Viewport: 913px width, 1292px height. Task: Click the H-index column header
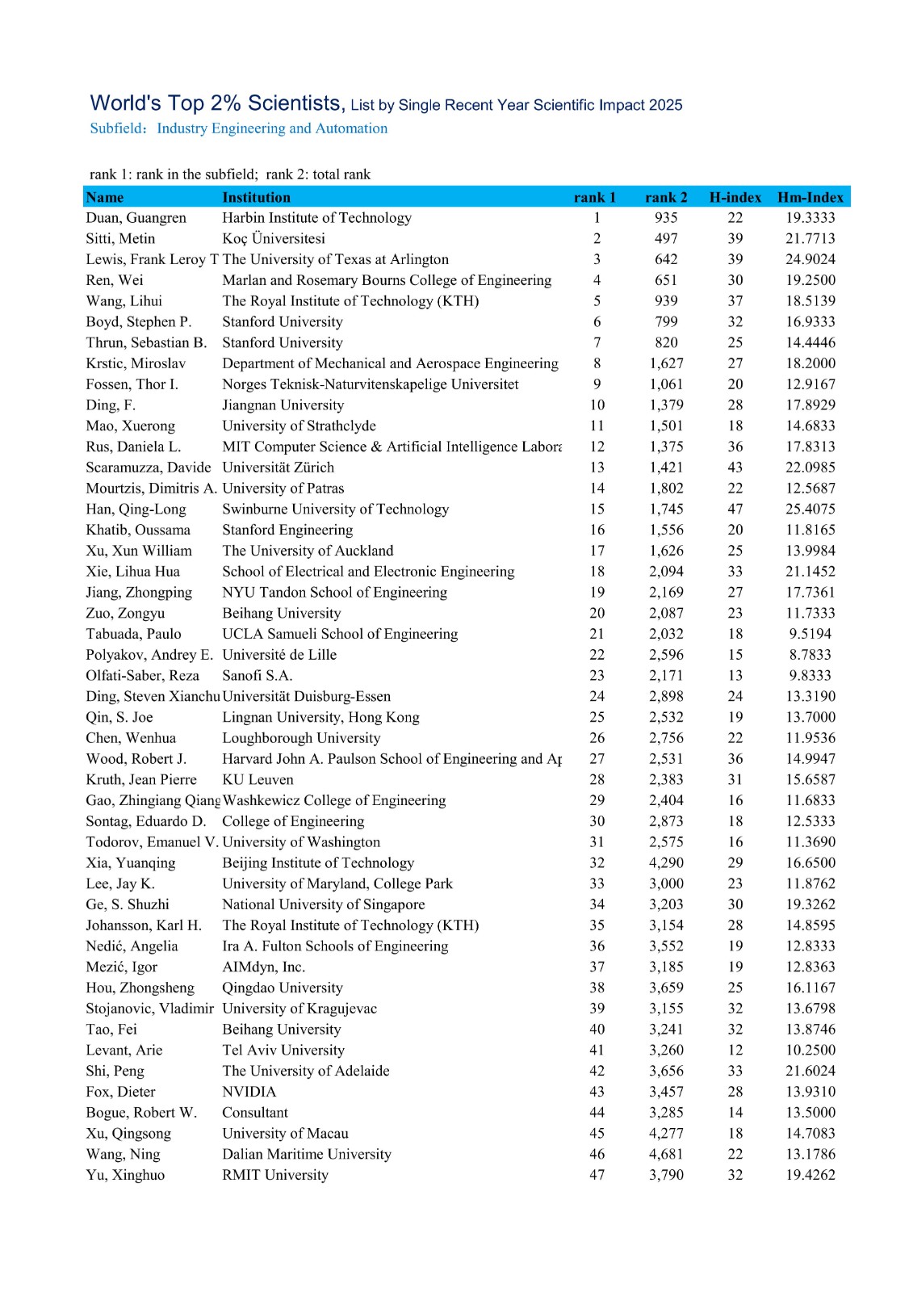point(735,197)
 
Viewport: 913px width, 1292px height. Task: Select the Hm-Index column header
point(810,197)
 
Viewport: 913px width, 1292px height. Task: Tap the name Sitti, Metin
point(120,238)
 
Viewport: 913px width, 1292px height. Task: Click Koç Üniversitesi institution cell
point(274,238)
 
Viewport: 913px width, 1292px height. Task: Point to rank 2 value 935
point(666,217)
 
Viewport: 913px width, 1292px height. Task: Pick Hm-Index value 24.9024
point(810,259)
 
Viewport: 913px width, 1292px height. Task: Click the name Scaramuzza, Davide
point(149,468)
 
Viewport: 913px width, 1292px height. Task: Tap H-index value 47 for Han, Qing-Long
point(735,509)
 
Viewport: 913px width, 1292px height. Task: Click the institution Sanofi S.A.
point(257,676)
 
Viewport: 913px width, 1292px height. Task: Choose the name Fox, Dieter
point(120,1092)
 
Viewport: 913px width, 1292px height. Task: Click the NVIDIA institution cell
point(249,1092)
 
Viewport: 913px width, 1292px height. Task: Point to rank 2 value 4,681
point(666,1154)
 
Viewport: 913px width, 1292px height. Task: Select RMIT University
point(275,1175)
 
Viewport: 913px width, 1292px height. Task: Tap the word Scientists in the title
point(295,103)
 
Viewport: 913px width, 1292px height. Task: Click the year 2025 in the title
point(665,105)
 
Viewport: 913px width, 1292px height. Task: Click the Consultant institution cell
point(255,1113)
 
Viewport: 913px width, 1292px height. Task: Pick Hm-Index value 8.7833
point(810,655)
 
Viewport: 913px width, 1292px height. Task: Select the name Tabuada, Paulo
point(133,634)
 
